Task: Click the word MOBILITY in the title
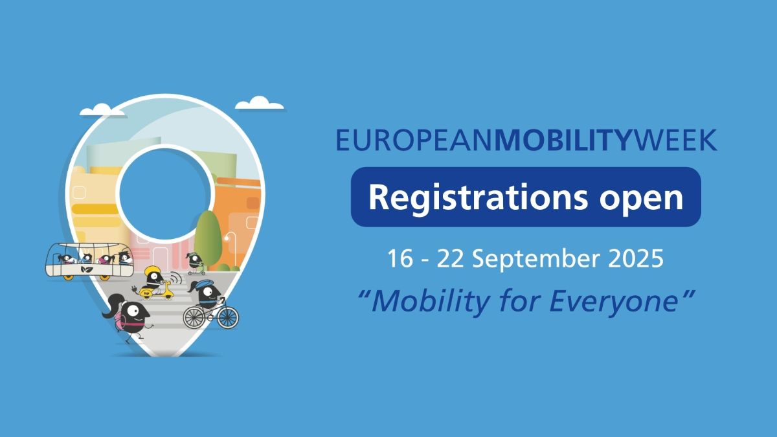click(x=563, y=140)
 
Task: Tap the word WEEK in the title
click(x=673, y=140)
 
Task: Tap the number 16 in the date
click(x=400, y=259)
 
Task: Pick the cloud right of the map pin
click(x=260, y=104)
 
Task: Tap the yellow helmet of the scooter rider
click(x=152, y=270)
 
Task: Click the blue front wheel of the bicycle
click(x=228, y=318)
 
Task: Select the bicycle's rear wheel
click(x=195, y=317)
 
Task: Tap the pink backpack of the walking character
click(x=120, y=317)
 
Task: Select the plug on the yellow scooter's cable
click(x=134, y=289)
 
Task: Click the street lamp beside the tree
click(x=231, y=250)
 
